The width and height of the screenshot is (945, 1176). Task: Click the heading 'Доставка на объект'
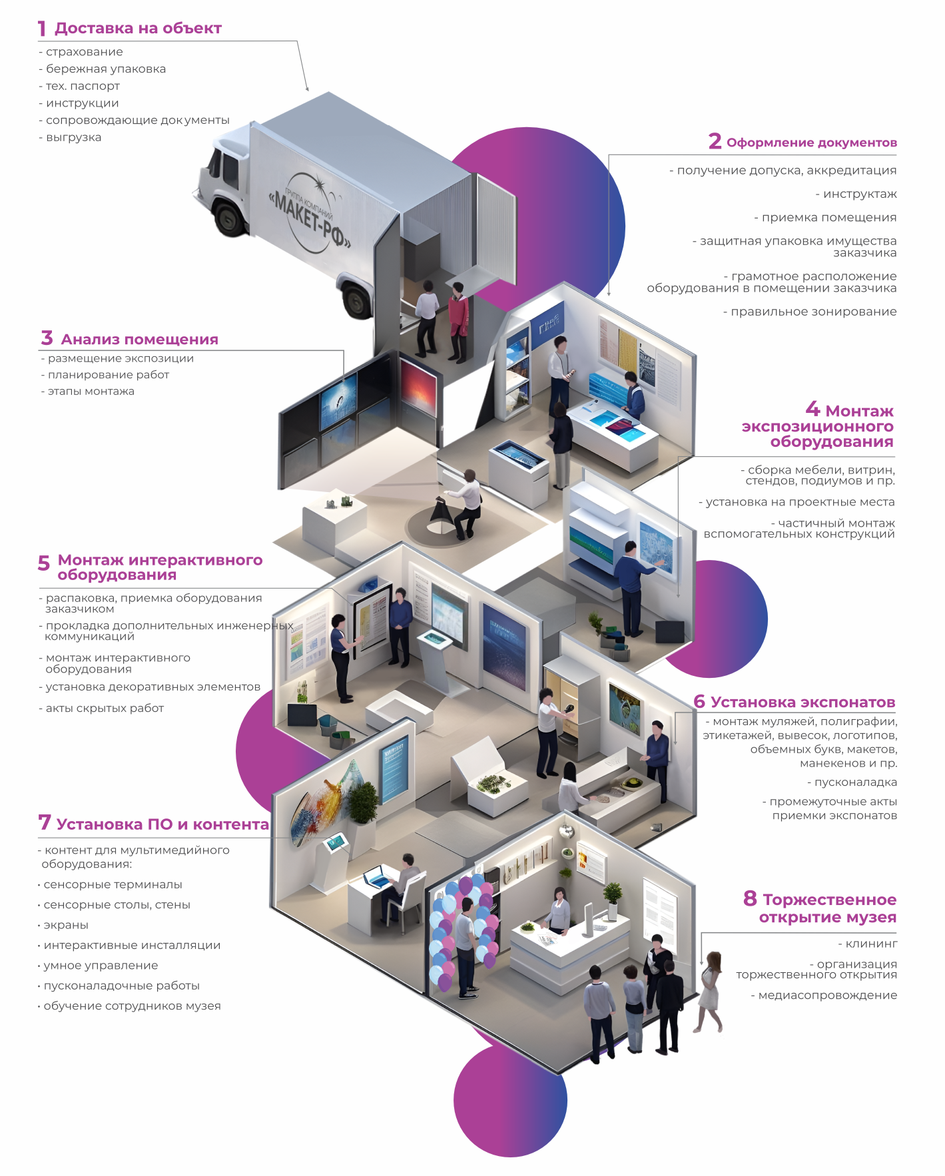[x=138, y=29]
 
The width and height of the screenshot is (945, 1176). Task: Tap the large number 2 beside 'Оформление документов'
[x=715, y=141]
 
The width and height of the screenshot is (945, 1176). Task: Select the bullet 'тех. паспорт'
[x=83, y=86]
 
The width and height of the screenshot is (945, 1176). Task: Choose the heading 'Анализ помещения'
[x=139, y=340]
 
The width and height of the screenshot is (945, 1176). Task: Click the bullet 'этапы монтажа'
[x=91, y=392]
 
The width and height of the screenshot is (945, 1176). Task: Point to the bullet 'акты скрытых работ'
[x=104, y=709]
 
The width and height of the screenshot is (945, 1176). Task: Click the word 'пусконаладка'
[x=856, y=782]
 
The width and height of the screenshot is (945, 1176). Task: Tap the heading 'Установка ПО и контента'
[x=162, y=824]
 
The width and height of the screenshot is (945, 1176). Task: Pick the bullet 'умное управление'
[x=101, y=966]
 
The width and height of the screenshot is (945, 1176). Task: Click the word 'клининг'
[x=871, y=944]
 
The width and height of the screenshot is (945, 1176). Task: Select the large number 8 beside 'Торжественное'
[x=750, y=898]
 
